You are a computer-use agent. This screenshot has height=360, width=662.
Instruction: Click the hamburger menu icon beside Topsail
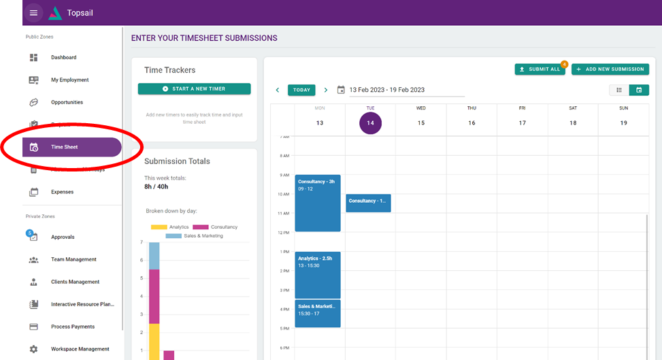click(34, 13)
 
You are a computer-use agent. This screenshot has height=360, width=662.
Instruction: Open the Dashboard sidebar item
click(63, 58)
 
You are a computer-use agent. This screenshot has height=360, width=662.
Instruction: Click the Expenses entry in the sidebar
click(62, 192)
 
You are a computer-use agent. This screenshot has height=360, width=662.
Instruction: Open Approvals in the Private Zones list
click(63, 237)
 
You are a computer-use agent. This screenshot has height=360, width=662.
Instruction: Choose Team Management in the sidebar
click(73, 259)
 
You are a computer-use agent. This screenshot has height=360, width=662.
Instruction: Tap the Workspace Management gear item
click(80, 349)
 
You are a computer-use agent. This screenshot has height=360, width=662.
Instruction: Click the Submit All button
click(540, 69)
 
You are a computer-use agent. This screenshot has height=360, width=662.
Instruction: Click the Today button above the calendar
click(301, 90)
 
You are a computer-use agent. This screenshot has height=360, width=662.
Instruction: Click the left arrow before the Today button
click(278, 90)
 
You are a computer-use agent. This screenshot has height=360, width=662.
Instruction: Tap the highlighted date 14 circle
click(370, 123)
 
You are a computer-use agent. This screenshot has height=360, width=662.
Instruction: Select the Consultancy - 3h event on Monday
click(318, 203)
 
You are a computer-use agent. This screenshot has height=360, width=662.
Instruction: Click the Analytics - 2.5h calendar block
click(318, 275)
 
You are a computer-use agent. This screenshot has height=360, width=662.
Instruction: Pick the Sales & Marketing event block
click(318, 313)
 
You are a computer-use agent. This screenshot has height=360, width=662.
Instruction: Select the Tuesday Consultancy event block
click(368, 203)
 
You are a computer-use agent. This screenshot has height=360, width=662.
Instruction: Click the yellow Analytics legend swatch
click(158, 227)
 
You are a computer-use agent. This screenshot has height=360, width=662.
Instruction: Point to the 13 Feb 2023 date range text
click(386, 90)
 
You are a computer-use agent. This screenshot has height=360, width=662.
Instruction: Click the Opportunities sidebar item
click(67, 102)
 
